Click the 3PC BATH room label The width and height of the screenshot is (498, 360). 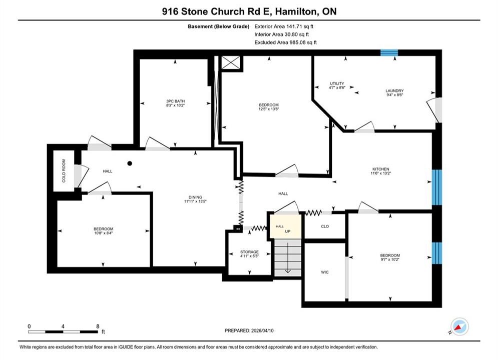(x=175, y=101)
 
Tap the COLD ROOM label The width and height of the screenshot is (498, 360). (x=64, y=170)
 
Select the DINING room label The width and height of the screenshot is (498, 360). (x=195, y=197)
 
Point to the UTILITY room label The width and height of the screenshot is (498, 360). (x=337, y=83)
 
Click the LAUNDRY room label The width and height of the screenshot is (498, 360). (x=394, y=90)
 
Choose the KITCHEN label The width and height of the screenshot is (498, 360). (x=381, y=169)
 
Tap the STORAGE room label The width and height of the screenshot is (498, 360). (x=249, y=252)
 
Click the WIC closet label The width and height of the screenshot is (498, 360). (x=325, y=272)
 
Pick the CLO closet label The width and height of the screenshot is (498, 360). (x=325, y=226)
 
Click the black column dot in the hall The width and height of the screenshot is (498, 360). (x=130, y=163)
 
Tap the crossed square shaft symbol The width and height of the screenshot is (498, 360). (x=231, y=62)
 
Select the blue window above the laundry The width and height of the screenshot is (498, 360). (x=389, y=52)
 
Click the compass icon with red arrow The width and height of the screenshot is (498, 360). (x=459, y=326)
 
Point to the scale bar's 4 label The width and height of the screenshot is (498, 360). (x=63, y=326)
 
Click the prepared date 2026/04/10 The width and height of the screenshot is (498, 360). (x=262, y=330)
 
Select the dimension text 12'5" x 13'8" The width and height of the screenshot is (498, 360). (x=269, y=109)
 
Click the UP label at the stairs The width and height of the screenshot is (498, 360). (x=287, y=231)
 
